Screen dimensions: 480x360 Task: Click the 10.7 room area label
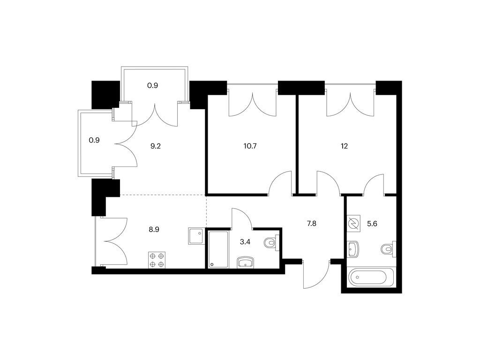pyautogui.click(x=250, y=146)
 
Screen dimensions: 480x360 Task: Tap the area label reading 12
pyautogui.click(x=344, y=146)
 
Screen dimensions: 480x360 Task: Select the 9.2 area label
pyautogui.click(x=156, y=146)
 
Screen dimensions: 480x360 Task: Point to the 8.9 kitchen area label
pyautogui.click(x=154, y=229)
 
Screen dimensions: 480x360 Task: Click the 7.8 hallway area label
pyautogui.click(x=311, y=224)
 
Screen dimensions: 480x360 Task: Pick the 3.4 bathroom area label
pyautogui.click(x=245, y=242)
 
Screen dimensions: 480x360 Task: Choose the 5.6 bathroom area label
pyautogui.click(x=372, y=224)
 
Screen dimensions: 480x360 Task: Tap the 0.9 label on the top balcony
pyautogui.click(x=152, y=85)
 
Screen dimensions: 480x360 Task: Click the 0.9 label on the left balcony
pyautogui.click(x=94, y=140)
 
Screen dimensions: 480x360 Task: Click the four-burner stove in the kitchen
pyautogui.click(x=157, y=260)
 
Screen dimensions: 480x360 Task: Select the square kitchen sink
pyautogui.click(x=196, y=236)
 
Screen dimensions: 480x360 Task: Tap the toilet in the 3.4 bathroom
pyautogui.click(x=271, y=243)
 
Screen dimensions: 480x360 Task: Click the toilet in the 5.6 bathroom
pyautogui.click(x=389, y=248)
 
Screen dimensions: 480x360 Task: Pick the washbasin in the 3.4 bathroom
pyautogui.click(x=245, y=262)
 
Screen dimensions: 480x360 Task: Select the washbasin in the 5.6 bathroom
pyautogui.click(x=353, y=249)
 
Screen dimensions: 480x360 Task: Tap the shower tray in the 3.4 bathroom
pyautogui.click(x=218, y=249)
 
